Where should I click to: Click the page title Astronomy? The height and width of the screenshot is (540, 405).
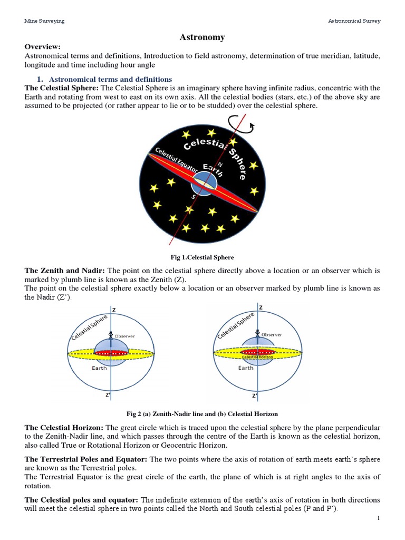click(x=202, y=37)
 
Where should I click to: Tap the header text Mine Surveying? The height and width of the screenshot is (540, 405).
click(x=45, y=21)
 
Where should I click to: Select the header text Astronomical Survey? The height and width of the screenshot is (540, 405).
click(x=354, y=21)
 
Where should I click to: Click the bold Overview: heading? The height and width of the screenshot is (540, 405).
click(x=43, y=47)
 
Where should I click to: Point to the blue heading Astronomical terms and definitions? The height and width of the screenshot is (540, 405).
click(x=110, y=79)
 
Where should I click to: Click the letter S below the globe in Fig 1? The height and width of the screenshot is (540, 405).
click(x=193, y=197)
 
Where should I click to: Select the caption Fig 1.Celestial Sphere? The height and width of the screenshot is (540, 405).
click(x=202, y=257)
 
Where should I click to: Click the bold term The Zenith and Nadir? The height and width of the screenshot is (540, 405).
click(x=65, y=271)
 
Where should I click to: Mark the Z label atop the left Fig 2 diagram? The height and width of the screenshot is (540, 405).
click(x=113, y=308)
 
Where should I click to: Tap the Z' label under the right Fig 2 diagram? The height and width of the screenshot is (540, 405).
click(x=255, y=395)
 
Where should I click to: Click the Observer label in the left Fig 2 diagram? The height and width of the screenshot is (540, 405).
click(x=124, y=336)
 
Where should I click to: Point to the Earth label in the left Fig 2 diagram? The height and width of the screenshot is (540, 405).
click(x=99, y=368)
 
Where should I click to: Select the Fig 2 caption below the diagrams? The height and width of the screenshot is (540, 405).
click(x=202, y=413)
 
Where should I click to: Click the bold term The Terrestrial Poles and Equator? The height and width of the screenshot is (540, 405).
click(x=86, y=459)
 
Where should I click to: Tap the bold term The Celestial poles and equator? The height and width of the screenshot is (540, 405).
click(x=82, y=499)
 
